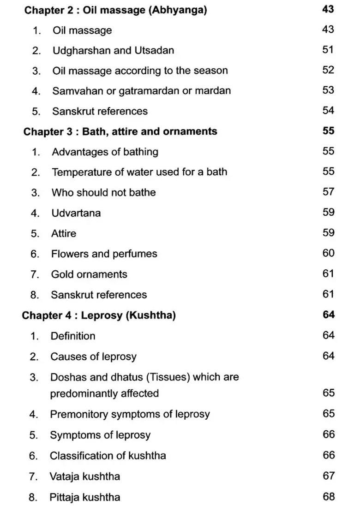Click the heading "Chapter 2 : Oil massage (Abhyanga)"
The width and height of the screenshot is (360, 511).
click(x=115, y=10)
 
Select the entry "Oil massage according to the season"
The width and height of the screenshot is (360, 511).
click(x=140, y=71)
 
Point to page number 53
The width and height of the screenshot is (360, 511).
click(x=328, y=90)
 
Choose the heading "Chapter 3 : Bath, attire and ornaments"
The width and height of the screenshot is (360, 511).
click(x=120, y=131)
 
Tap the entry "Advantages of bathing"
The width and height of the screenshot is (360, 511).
click(x=105, y=152)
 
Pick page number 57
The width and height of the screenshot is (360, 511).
click(x=328, y=192)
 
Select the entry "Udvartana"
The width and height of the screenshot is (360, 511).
click(x=76, y=213)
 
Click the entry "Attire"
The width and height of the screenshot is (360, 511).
click(x=64, y=233)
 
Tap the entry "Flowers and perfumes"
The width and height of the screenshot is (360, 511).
click(x=104, y=254)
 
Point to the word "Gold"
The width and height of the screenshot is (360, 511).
click(x=62, y=274)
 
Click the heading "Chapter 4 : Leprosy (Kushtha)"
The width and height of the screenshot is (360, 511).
click(x=99, y=316)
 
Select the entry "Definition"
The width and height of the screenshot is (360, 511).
click(x=73, y=336)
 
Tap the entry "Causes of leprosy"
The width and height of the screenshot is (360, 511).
click(x=93, y=357)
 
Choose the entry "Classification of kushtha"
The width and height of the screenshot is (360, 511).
click(x=108, y=456)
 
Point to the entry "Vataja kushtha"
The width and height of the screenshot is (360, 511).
click(x=84, y=476)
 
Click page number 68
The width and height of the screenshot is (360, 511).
click(x=328, y=497)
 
